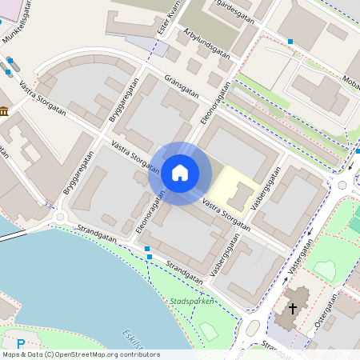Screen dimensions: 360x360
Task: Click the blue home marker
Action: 180,172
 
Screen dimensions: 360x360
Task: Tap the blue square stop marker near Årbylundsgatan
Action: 290,41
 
